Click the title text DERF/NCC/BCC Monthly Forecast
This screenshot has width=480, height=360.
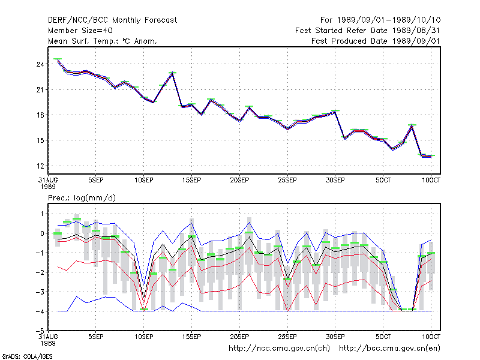(112, 20)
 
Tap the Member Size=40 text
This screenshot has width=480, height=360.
(80, 31)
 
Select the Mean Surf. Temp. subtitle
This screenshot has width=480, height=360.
(103, 41)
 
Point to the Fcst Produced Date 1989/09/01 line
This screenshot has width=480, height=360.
(376, 41)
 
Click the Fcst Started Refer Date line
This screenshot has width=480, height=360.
(368, 31)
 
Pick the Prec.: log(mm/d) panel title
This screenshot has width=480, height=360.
(82, 198)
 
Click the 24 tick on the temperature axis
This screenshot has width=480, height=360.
(41, 64)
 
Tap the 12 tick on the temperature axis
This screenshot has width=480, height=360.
(41, 166)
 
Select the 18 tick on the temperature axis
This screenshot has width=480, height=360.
(41, 115)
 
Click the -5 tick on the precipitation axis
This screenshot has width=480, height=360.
(40, 331)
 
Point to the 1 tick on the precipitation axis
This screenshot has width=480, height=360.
(42, 214)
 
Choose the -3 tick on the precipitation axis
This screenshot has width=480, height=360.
(40, 292)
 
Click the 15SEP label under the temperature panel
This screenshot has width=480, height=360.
(191, 181)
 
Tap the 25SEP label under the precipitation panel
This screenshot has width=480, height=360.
(287, 337)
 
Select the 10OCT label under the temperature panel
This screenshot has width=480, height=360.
(431, 181)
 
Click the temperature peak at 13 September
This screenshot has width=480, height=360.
(173, 73)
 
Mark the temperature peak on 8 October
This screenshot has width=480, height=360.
(412, 125)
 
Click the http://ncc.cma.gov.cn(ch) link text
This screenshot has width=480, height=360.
(279, 349)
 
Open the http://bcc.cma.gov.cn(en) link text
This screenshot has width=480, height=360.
(389, 349)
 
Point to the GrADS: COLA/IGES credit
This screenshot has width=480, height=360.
(27, 356)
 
